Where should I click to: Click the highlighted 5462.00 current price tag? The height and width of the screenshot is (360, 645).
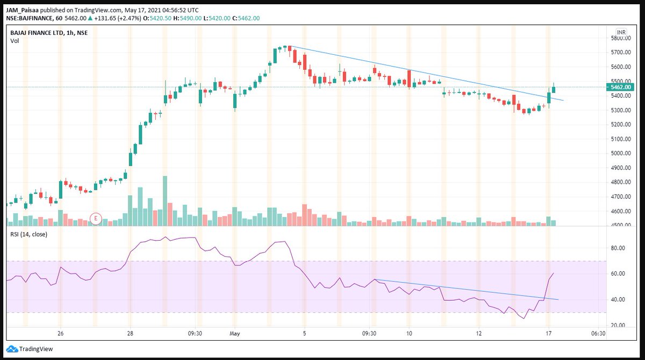tap(620, 87)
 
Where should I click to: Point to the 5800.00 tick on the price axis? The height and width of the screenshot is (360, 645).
tap(621, 38)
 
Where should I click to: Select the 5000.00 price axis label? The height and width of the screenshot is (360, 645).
tap(621, 153)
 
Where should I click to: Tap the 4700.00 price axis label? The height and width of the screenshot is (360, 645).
tap(621, 197)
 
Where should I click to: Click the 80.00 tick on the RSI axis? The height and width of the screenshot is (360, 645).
tap(618, 248)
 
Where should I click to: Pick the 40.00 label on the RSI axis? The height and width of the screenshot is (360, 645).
tap(618, 299)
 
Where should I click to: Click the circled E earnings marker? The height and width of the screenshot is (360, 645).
tap(96, 219)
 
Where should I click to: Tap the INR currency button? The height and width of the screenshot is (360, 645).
tap(621, 32)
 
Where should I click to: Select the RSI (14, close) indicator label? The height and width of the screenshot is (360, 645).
tap(29, 234)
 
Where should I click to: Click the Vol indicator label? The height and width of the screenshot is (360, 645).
tap(15, 41)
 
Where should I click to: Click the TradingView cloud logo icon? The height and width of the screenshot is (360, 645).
tap(12, 349)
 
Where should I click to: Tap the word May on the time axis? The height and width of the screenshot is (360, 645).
tap(235, 334)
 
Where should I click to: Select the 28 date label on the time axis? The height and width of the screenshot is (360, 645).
tap(130, 333)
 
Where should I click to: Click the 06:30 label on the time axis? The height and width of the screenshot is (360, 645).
tap(598, 333)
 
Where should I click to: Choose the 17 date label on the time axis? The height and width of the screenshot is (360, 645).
tap(549, 333)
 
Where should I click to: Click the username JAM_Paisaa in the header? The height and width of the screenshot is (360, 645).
tap(22, 10)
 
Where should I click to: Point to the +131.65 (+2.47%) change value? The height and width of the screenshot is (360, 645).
tap(117, 18)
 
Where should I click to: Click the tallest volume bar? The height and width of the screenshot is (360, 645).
tap(165, 201)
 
